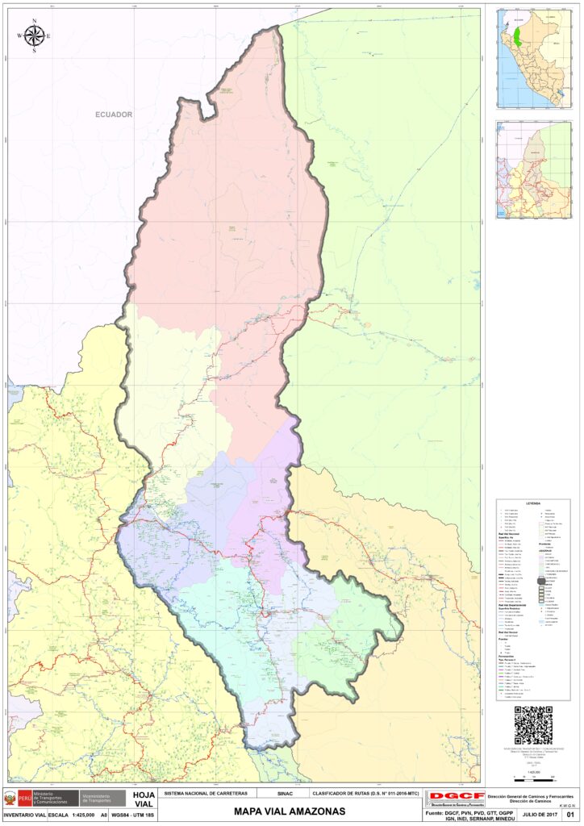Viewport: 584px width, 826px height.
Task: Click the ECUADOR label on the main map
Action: point(113,115)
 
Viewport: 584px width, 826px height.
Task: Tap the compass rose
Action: point(35,35)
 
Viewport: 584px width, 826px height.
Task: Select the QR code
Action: point(532,725)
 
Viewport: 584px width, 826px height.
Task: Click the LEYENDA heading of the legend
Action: point(533,503)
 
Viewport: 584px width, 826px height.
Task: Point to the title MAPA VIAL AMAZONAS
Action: point(290,811)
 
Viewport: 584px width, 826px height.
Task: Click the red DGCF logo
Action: point(452,797)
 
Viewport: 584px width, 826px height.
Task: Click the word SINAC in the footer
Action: point(285,794)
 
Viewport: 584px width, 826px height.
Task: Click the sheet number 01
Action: point(570,816)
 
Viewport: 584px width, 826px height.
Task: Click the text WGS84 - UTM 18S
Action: point(133,816)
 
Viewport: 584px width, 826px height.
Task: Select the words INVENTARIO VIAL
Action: point(23,816)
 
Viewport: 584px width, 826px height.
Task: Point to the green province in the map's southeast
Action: point(339,637)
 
